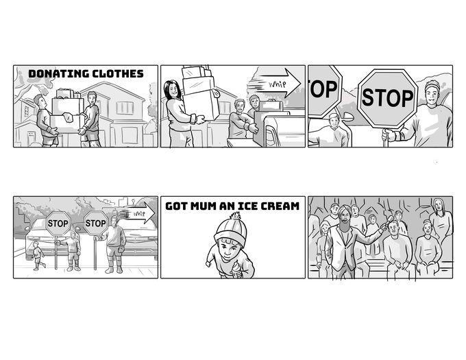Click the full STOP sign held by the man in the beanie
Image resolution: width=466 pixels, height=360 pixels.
(x=388, y=98)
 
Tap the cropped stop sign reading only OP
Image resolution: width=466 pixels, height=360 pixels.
(x=324, y=90)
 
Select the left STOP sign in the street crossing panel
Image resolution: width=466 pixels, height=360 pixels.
(x=58, y=224)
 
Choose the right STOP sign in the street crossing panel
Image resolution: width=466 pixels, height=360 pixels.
(x=95, y=223)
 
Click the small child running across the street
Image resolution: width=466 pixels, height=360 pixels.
(x=38, y=255)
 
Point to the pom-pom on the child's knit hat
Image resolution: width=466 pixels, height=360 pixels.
(x=237, y=216)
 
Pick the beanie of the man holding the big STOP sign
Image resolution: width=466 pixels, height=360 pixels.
(x=432, y=85)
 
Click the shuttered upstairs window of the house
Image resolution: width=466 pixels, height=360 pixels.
(x=125, y=108)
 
